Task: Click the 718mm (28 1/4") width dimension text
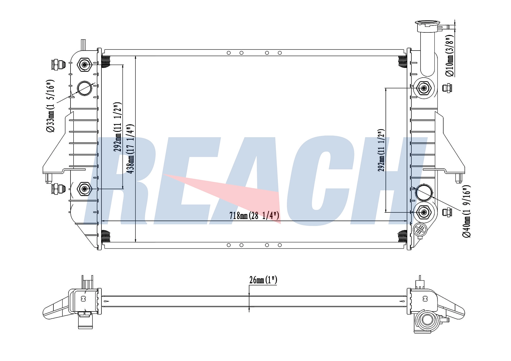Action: coord(254,216)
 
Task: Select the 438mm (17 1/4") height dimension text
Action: coord(131,149)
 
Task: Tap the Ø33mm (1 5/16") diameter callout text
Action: coord(50,106)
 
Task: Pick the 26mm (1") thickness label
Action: coord(263,280)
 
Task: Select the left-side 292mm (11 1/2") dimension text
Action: coord(118,127)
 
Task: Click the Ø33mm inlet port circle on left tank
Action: coord(85,88)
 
